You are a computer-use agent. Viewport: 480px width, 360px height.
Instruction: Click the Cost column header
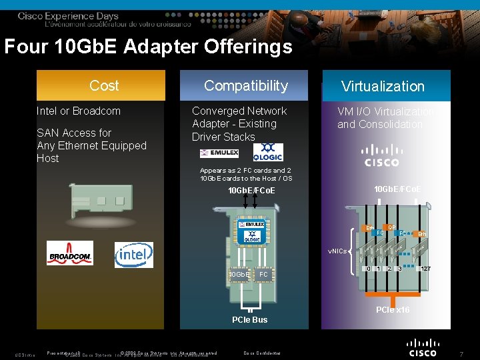point(104,85)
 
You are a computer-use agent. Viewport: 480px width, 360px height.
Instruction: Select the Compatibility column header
point(245,85)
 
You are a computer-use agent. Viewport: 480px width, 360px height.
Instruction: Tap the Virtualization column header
point(383,86)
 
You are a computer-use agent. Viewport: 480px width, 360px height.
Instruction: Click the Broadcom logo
point(70,254)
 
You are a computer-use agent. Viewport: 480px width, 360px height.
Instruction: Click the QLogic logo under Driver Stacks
point(268,152)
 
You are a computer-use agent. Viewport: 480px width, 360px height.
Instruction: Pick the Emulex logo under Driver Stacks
point(219,153)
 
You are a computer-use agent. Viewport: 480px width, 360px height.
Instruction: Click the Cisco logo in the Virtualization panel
point(381,155)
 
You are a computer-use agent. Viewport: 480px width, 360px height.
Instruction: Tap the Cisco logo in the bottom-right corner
point(423,347)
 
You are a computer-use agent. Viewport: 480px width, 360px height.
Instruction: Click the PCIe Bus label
point(250,320)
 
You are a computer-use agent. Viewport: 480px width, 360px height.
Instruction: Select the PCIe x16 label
point(393,310)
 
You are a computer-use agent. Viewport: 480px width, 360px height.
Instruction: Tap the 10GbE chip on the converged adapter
point(239,274)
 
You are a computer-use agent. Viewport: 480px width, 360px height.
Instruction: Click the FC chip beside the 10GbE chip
point(263,274)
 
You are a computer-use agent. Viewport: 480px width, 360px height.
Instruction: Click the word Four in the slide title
point(25,47)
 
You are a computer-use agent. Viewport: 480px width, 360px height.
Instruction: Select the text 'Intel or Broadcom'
point(79,111)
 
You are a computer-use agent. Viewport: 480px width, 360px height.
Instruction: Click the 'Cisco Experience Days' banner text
point(68,16)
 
